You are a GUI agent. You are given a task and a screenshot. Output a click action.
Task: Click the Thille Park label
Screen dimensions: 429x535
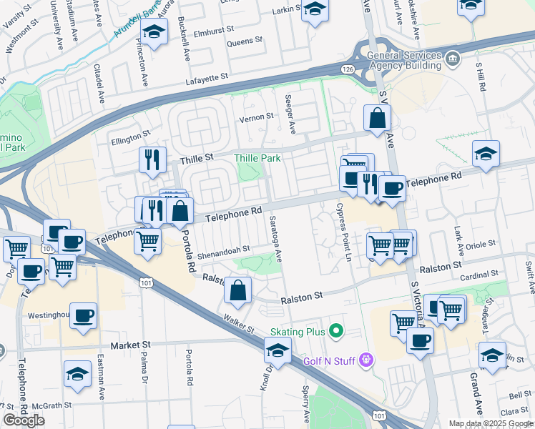coord(257,157)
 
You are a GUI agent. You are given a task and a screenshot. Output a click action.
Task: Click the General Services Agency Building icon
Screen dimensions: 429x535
coord(451,57)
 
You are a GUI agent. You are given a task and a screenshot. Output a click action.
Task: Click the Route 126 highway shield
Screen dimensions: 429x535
coord(348,68)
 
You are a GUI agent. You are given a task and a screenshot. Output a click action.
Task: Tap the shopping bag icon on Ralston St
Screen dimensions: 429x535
coord(238,290)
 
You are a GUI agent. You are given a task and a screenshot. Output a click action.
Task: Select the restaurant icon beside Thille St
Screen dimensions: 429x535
coord(152,159)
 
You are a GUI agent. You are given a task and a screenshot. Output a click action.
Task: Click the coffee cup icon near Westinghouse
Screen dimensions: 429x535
coord(84,315)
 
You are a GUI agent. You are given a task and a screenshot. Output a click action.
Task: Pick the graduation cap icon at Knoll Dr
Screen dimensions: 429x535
coord(277,350)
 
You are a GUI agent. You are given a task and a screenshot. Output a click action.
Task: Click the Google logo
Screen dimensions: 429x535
coord(24,420)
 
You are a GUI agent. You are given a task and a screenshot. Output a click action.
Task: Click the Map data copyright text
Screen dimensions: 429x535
coord(489,423)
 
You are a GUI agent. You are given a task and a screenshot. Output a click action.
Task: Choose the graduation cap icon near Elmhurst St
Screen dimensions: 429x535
coord(154,32)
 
